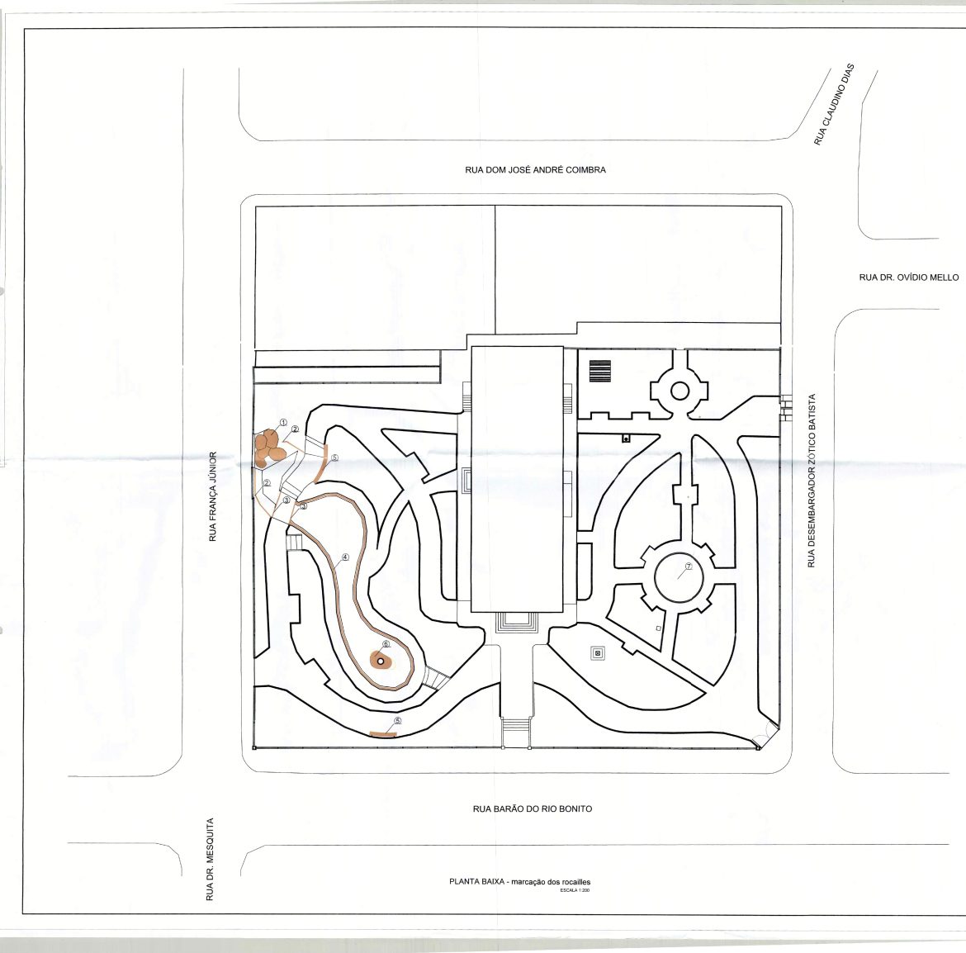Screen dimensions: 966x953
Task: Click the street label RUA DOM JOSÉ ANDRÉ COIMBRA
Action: [x=535, y=169]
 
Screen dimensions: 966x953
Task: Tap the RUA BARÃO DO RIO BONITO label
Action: [x=533, y=808]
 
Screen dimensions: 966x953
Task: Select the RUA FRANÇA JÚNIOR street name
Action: [x=213, y=496]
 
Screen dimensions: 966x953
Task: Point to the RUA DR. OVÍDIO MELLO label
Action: [x=909, y=277]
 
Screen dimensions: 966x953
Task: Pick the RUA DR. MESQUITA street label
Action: [x=210, y=860]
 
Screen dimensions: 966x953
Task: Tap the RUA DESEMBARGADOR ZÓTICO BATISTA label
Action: [x=812, y=481]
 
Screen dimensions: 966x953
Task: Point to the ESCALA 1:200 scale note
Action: [x=575, y=890]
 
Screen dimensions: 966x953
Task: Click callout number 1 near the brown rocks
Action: [x=282, y=423]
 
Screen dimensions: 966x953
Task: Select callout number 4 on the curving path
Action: [x=345, y=557]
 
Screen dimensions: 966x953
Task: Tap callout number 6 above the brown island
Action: [x=386, y=644]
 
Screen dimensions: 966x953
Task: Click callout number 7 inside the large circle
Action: [x=689, y=567]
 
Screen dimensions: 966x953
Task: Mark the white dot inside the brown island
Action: [x=380, y=661]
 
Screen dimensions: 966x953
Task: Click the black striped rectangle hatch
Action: [x=600, y=371]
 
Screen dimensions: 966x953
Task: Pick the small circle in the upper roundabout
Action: [x=680, y=391]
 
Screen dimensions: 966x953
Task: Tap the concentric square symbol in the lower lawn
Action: [x=596, y=653]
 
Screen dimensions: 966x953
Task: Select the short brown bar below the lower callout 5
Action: [x=382, y=733]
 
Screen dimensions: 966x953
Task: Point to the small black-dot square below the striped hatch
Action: [x=626, y=439]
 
